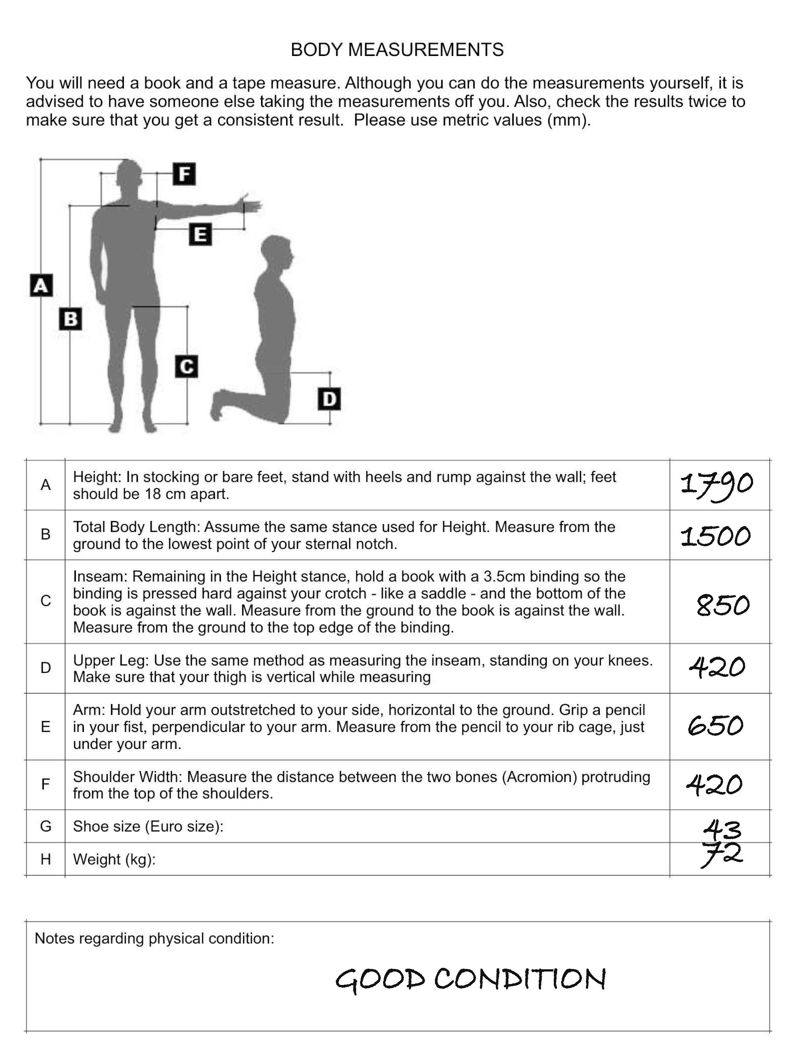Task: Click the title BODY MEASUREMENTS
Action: (397, 50)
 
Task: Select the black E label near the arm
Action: (200, 235)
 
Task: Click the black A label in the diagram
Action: (41, 285)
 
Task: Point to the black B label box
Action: (70, 319)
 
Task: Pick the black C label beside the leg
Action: (186, 366)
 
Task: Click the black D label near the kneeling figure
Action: (329, 399)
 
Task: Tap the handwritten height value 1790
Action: (716, 485)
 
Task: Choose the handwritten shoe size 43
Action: (722, 830)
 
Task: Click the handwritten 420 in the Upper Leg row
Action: (716, 667)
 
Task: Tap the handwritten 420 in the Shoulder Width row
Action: (714, 784)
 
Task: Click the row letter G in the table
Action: (45, 826)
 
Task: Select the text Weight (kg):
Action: (114, 859)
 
